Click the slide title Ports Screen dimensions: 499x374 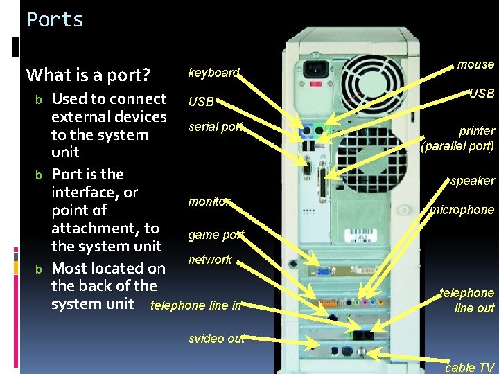(55, 19)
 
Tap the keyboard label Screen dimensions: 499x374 (213, 72)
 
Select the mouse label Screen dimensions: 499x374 (475, 64)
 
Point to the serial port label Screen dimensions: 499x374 (216, 127)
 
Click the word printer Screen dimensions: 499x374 (476, 130)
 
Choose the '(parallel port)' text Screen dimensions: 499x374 (457, 146)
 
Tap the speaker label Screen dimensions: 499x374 (472, 181)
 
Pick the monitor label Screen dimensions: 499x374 (209, 202)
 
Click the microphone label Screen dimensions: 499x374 (462, 210)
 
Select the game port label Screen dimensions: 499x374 (216, 235)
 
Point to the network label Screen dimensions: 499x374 (210, 260)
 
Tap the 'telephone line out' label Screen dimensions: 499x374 (468, 301)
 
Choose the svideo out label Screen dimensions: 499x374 (216, 339)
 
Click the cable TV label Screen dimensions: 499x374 (469, 368)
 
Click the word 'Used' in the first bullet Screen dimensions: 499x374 (69, 99)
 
